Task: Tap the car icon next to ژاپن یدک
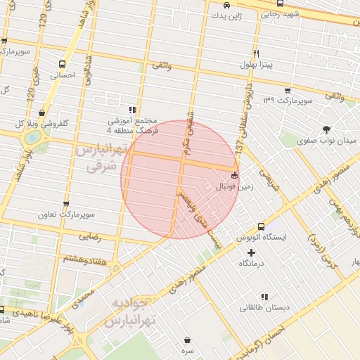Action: [x=226, y=4]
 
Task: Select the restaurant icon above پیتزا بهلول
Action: [x=257, y=53]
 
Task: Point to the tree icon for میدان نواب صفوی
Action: [x=326, y=129]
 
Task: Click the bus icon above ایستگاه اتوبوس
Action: [x=261, y=226]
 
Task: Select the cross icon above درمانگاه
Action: [x=251, y=252]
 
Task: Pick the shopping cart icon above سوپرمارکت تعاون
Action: [x=66, y=202]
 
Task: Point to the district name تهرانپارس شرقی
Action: [x=103, y=158]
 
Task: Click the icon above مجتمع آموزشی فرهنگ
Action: [x=132, y=110]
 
